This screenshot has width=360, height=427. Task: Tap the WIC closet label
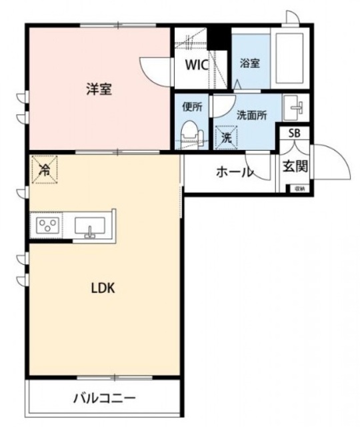click(x=196, y=66)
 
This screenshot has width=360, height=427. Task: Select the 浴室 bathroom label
click(x=249, y=63)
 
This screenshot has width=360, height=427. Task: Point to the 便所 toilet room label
click(x=192, y=106)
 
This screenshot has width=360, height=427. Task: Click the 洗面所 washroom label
click(x=252, y=114)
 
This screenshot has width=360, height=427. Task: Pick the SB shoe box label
click(x=294, y=133)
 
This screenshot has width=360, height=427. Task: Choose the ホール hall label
click(x=234, y=172)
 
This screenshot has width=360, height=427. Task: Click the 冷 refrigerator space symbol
click(x=44, y=169)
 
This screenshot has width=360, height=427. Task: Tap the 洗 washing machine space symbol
click(x=227, y=138)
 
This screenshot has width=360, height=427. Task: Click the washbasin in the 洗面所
click(x=295, y=107)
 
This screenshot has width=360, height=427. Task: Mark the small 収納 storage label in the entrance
click(x=300, y=188)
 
